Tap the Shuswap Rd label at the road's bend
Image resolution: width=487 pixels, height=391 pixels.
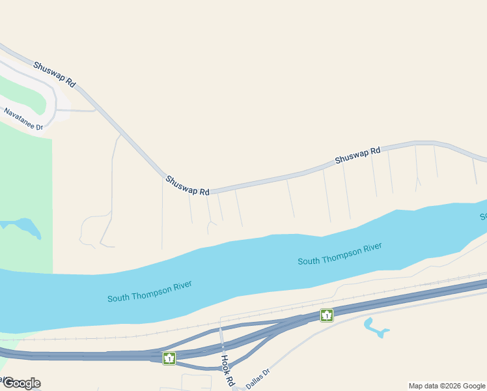188,185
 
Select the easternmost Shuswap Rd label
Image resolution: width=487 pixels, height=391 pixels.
357,156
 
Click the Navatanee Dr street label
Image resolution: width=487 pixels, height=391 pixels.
23,119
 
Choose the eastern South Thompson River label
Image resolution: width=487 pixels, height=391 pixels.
339,254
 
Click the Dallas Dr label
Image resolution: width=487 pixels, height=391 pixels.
258,377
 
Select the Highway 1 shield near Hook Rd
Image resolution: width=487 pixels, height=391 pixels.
169,358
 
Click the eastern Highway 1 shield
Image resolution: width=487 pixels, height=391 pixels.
326,315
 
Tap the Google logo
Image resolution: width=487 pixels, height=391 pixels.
21,383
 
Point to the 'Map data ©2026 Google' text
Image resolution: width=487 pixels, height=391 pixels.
447,386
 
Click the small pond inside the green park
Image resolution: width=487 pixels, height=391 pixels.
26,227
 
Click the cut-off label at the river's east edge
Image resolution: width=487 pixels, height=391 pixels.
483,216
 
